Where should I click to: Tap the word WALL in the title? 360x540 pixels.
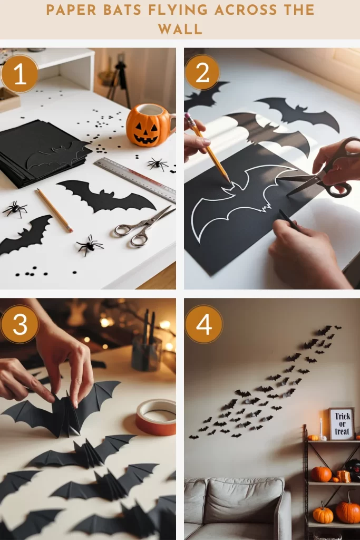pos(180,30)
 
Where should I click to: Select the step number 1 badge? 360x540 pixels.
pos(20,74)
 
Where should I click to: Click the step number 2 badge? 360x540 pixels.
pos(202,73)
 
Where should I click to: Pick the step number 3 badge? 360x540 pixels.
pos(20,324)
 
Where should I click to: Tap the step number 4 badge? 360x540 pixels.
pos(204,324)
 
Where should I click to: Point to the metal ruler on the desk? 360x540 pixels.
pos(135,180)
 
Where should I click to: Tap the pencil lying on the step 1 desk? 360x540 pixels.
pos(55,210)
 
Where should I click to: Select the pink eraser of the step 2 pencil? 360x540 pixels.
pos(188,118)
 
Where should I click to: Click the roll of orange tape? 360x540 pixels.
pos(155,417)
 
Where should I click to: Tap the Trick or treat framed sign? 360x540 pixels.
pos(342,423)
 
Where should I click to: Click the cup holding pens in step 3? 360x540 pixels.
pos(147,352)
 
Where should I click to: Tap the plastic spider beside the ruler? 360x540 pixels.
pos(158,164)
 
